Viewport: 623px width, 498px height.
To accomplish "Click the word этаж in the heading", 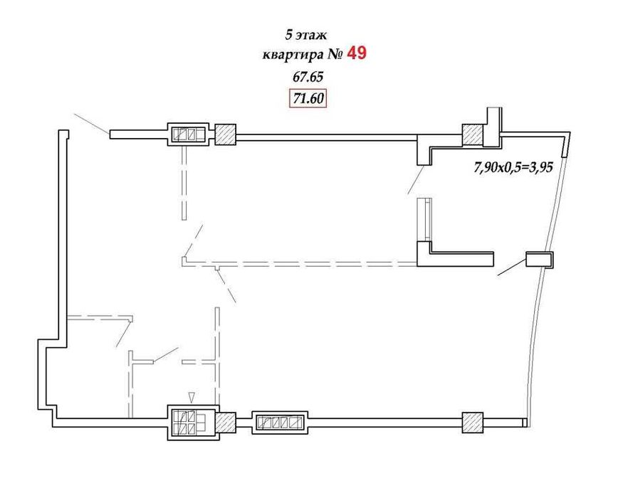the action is tap(312, 36).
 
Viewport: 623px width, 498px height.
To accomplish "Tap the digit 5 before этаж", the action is tap(289, 35).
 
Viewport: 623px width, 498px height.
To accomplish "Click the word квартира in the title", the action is tap(293, 55).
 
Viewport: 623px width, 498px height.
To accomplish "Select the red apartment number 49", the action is tap(357, 53).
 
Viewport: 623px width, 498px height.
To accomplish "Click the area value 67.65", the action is tap(308, 77).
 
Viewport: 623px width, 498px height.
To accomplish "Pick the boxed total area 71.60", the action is tap(308, 98).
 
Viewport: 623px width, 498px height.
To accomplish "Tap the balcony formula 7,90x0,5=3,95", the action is tap(513, 167).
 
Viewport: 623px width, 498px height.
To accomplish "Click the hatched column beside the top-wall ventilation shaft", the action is tap(226, 134).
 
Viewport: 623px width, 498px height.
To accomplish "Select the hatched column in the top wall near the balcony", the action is tap(473, 134).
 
